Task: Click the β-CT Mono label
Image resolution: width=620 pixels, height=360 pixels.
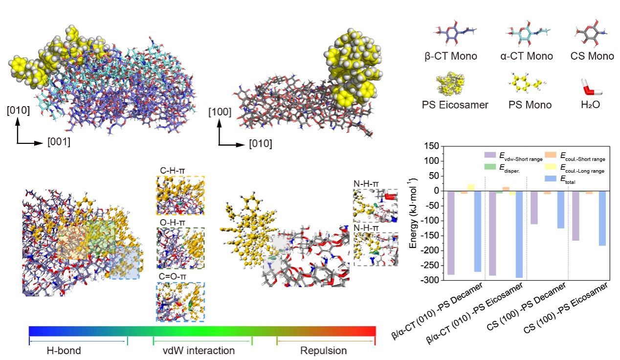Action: coord(450,56)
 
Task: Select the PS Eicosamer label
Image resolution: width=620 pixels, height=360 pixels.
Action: coord(455,105)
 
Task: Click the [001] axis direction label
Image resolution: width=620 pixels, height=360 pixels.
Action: coord(59,143)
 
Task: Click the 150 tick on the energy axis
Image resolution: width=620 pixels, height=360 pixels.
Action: coord(430,146)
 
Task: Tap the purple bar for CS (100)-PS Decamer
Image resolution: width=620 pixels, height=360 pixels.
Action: coord(534,207)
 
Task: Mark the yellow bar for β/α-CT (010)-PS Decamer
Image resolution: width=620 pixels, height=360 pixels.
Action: coord(471,187)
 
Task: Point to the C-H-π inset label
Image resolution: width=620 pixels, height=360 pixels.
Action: coord(168,171)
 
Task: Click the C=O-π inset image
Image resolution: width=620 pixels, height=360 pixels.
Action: coord(180,302)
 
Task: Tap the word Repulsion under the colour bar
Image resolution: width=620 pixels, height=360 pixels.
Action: coord(323,351)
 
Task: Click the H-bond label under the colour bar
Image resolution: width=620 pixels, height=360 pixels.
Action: coord(64,351)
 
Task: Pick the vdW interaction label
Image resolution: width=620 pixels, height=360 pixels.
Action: coord(199,351)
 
